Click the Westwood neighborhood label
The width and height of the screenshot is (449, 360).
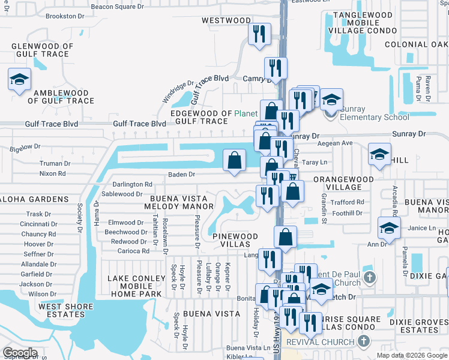click(226, 20)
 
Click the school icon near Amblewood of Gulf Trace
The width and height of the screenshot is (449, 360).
click(19, 79)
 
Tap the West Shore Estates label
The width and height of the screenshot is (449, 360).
click(66, 310)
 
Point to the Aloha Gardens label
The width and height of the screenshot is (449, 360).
click(35, 199)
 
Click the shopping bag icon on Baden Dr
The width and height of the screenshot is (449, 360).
click(234, 160)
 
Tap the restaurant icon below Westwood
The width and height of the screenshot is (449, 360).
click(259, 34)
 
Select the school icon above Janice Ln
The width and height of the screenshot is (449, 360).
click(389, 228)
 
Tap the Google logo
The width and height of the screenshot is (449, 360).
click(20, 352)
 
